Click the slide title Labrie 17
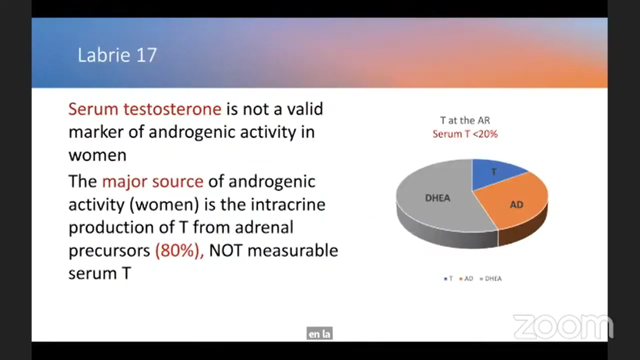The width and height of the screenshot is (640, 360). tap(117, 55)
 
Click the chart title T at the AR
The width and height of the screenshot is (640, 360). tap(465, 120)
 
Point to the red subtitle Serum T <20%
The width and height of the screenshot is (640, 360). tap(465, 134)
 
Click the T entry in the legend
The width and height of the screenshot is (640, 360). tap(448, 279)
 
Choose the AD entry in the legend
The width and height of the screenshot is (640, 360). tap(466, 279)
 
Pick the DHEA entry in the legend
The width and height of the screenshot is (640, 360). tap(491, 279)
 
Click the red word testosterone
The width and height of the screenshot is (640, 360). tap(172, 109)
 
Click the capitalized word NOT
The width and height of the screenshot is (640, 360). tap(226, 251)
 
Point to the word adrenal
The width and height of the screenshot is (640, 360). tap(264, 227)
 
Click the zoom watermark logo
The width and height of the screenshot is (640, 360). tap(563, 326)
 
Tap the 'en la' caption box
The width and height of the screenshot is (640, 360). tap(319, 334)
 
